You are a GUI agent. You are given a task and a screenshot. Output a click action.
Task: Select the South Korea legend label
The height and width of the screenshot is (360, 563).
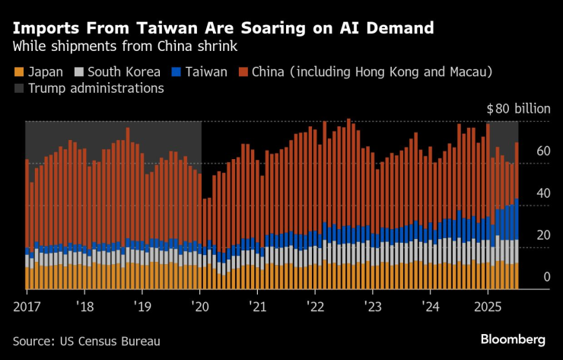[x=124, y=72]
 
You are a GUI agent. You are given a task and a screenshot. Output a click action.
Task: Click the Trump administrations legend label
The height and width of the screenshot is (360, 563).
[x=96, y=88]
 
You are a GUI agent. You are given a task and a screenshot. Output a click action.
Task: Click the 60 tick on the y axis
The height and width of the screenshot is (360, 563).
[x=542, y=152]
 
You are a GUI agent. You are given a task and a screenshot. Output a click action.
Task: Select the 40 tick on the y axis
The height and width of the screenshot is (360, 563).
[x=542, y=194]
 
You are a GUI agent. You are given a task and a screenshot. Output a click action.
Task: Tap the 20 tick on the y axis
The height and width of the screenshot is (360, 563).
[x=542, y=236]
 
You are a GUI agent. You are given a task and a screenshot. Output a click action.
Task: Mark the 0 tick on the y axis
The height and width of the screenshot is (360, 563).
[x=546, y=278]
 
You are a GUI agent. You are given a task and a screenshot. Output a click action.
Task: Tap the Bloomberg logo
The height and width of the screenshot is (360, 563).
[x=513, y=339]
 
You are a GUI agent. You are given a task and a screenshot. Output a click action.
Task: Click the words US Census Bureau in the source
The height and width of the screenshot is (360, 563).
[x=113, y=340]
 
